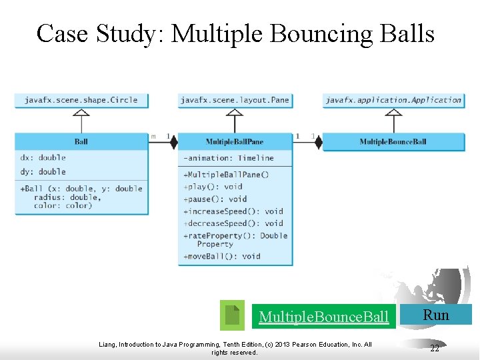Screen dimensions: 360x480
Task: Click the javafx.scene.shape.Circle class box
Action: [81, 100]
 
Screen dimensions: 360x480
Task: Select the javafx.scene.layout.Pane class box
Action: [235, 100]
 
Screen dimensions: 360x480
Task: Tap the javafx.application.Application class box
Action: [393, 100]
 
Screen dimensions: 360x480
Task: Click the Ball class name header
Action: [81, 141]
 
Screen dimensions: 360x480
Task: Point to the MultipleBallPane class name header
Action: [235, 141]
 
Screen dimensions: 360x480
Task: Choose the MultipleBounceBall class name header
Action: [393, 141]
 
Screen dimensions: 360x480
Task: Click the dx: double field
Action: [43, 157]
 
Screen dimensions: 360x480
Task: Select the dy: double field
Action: [43, 171]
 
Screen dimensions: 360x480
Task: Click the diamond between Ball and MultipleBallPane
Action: [173, 142]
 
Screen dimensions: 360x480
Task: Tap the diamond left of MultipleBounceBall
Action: [318, 142]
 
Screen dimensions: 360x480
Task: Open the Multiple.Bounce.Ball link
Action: [323, 317]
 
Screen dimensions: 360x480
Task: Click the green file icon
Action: [232, 315]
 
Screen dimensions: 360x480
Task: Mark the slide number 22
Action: [435, 348]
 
